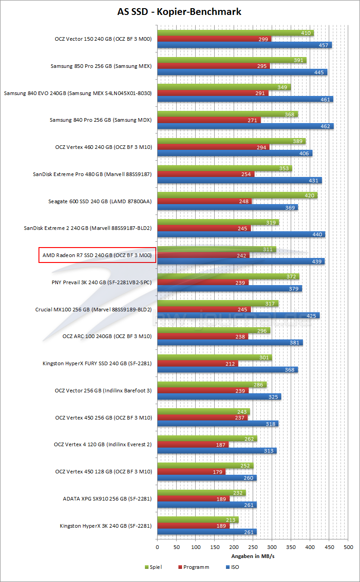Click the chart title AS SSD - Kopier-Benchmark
point(179,12)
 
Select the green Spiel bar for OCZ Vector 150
point(235,33)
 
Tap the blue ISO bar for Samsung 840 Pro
point(245,126)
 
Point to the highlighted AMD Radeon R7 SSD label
point(97,255)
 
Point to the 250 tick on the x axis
point(253,548)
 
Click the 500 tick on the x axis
point(348,548)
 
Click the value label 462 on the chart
point(325,126)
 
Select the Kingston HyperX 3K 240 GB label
point(106,526)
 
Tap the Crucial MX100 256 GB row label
point(93,310)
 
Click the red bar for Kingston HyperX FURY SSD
point(197,363)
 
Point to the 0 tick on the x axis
point(157,548)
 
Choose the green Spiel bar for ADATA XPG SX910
point(202,492)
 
